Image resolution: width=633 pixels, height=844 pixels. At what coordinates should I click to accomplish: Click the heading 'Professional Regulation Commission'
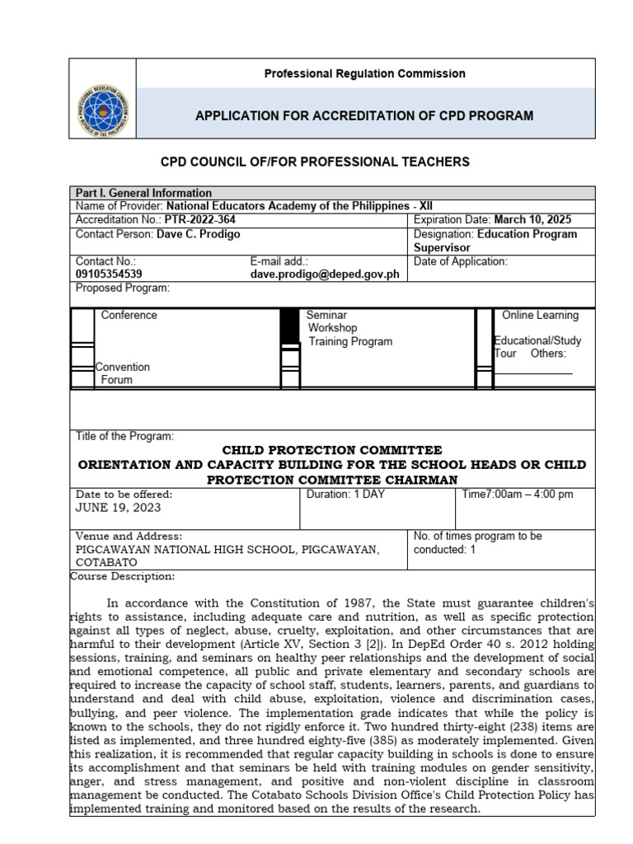point(364,73)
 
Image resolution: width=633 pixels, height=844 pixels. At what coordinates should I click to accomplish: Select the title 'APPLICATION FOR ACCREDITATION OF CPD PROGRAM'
point(364,115)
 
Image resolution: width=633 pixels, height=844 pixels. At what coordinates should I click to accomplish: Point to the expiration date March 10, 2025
point(532,220)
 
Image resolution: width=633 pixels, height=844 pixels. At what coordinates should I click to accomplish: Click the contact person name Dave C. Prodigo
point(202,234)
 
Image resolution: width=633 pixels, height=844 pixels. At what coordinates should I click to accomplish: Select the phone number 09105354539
point(108,274)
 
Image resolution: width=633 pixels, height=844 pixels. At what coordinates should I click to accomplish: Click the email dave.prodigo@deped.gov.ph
point(325,274)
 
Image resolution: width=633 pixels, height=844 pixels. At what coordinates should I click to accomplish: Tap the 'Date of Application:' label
point(461,262)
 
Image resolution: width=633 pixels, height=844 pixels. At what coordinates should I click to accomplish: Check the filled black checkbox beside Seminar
point(288,328)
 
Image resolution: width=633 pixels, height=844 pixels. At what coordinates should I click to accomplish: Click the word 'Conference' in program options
point(129,315)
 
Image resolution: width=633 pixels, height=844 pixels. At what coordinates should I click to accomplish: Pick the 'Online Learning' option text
point(540,315)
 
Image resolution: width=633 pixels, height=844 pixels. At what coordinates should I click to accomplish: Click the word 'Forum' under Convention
point(116,380)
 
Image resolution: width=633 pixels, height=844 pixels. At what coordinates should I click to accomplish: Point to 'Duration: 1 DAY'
point(345,495)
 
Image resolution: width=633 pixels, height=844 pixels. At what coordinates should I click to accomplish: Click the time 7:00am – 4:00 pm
point(528,495)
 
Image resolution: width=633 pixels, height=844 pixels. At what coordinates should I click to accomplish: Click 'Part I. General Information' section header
point(143,193)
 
